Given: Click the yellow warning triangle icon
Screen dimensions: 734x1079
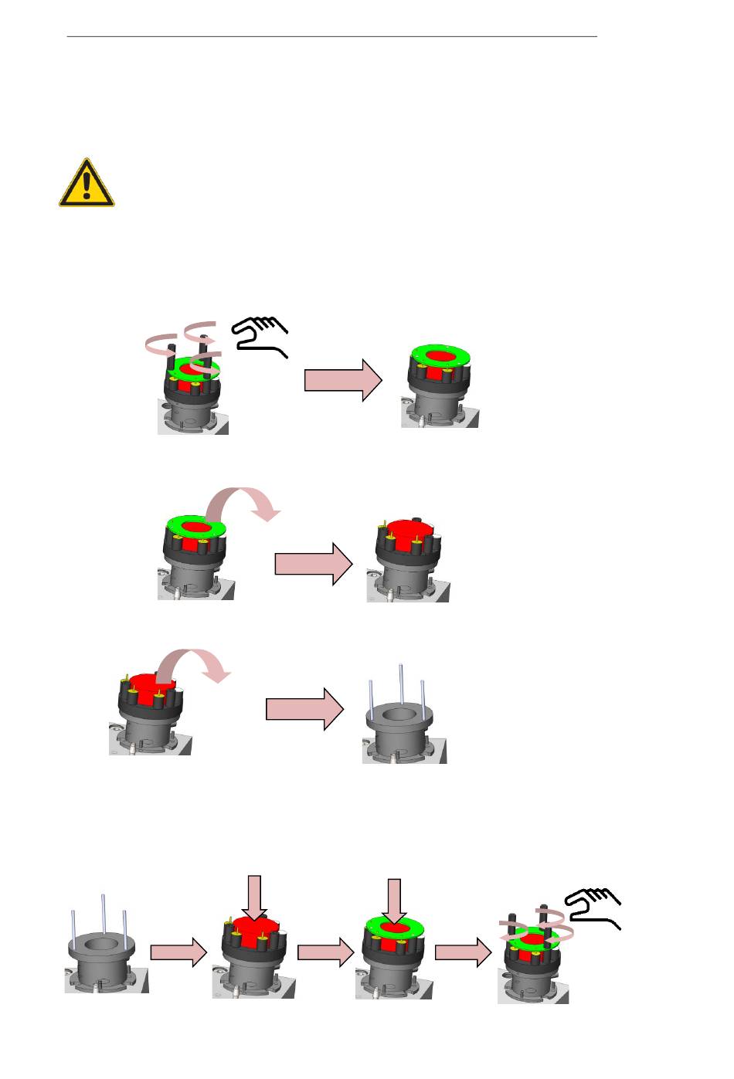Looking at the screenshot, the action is click(87, 184).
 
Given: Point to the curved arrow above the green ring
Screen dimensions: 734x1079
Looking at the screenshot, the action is click(243, 502).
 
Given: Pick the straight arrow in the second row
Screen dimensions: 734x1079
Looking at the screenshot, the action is click(313, 564).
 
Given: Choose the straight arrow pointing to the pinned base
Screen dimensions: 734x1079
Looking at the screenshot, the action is click(304, 708).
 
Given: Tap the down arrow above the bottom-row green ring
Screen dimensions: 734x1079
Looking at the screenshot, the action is click(395, 901).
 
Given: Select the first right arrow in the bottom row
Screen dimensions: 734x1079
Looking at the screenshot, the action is click(178, 953).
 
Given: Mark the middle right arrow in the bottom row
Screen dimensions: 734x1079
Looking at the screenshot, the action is click(325, 953).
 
